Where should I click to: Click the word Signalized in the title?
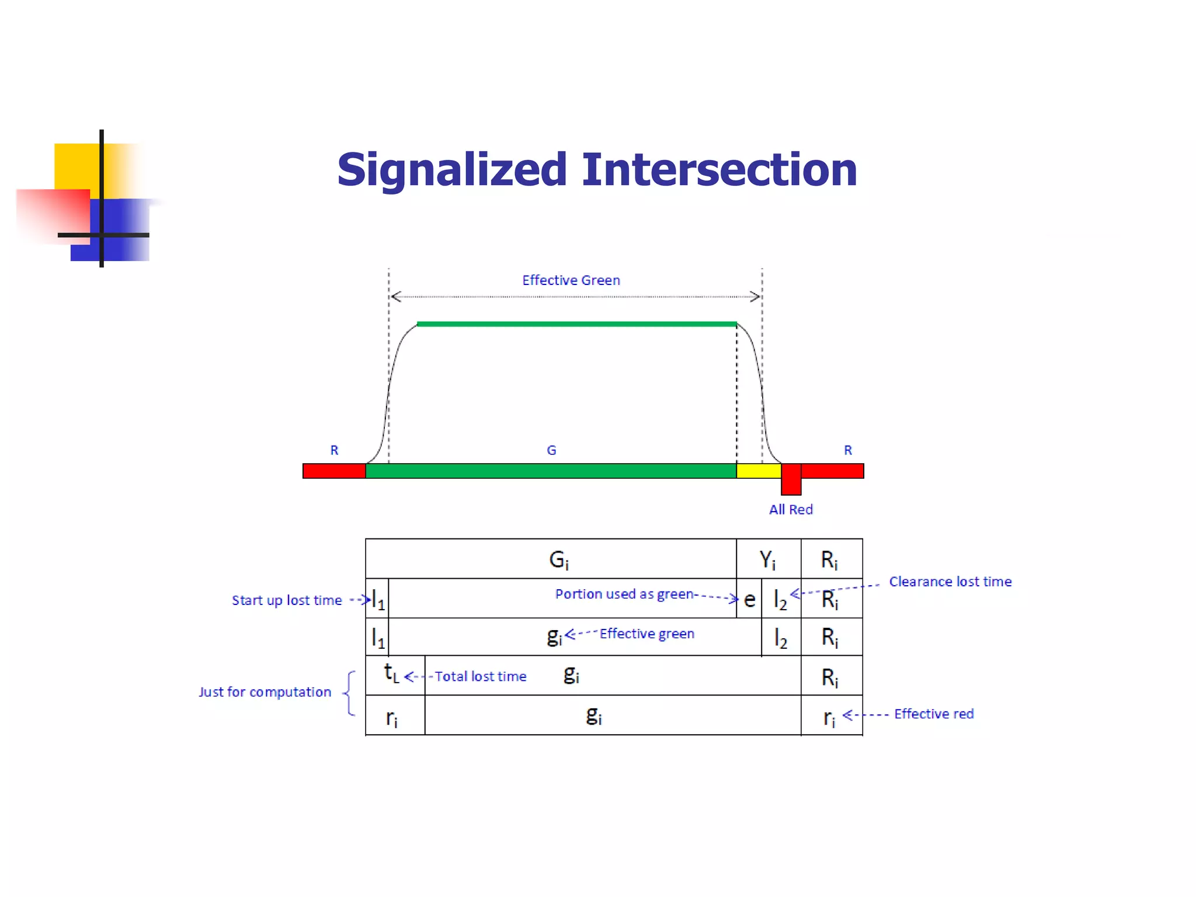click(x=452, y=170)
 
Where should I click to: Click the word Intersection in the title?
click(x=719, y=170)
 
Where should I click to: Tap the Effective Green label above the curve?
click(x=571, y=280)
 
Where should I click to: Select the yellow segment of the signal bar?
click(x=758, y=471)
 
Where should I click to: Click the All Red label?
click(x=790, y=510)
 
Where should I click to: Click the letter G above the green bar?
click(x=551, y=450)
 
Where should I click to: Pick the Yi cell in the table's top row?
click(x=767, y=560)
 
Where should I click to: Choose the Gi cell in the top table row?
click(x=558, y=560)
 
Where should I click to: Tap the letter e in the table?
click(x=749, y=600)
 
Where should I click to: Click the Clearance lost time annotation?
click(x=950, y=582)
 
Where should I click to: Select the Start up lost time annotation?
click(x=287, y=600)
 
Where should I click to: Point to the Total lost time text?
click(x=480, y=676)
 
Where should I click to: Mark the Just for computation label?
click(x=265, y=692)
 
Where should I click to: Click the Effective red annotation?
click(x=933, y=714)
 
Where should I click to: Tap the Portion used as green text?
click(x=624, y=594)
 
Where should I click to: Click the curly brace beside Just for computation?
click(x=349, y=693)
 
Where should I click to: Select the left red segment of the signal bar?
click(x=334, y=471)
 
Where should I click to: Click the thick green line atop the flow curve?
click(x=576, y=324)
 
